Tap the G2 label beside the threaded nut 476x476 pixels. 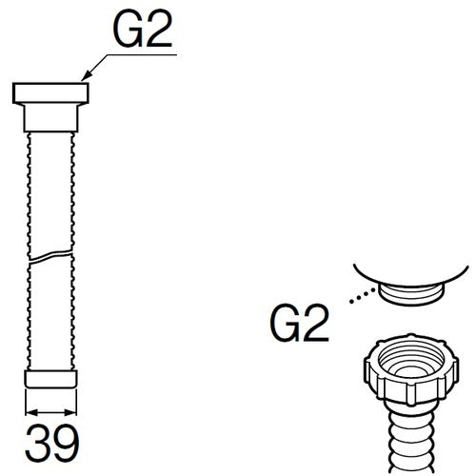click(x=299, y=324)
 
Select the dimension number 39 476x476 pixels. click(x=51, y=444)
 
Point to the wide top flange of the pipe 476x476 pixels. click(x=50, y=93)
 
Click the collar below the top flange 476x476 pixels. click(x=50, y=118)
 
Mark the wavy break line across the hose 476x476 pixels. click(x=51, y=256)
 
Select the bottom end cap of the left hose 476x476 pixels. click(x=50, y=379)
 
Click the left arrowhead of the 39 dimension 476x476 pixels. click(x=31, y=412)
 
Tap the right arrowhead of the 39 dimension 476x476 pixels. click(x=70, y=412)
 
